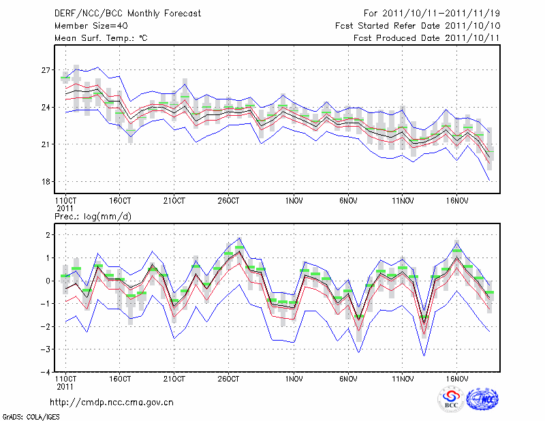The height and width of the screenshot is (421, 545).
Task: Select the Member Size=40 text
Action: click(86, 26)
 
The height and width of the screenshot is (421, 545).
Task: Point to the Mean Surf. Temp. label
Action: click(101, 38)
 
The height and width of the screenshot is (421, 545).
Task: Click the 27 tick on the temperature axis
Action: click(46, 70)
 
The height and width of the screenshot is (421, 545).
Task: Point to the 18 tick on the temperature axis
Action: click(46, 182)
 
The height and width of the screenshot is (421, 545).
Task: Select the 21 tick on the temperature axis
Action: click(46, 144)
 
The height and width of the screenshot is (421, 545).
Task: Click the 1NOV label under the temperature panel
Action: click(294, 201)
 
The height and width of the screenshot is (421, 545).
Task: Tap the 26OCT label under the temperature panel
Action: click(228, 201)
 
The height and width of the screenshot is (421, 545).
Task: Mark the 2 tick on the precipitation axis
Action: click(48, 235)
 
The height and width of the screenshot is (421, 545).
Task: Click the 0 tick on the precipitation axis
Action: click(48, 281)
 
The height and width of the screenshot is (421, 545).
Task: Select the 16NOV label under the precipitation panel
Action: click(457, 378)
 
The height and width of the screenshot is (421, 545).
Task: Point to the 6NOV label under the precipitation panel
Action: click(349, 378)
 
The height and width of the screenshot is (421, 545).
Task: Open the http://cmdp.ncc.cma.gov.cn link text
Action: click(112, 402)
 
